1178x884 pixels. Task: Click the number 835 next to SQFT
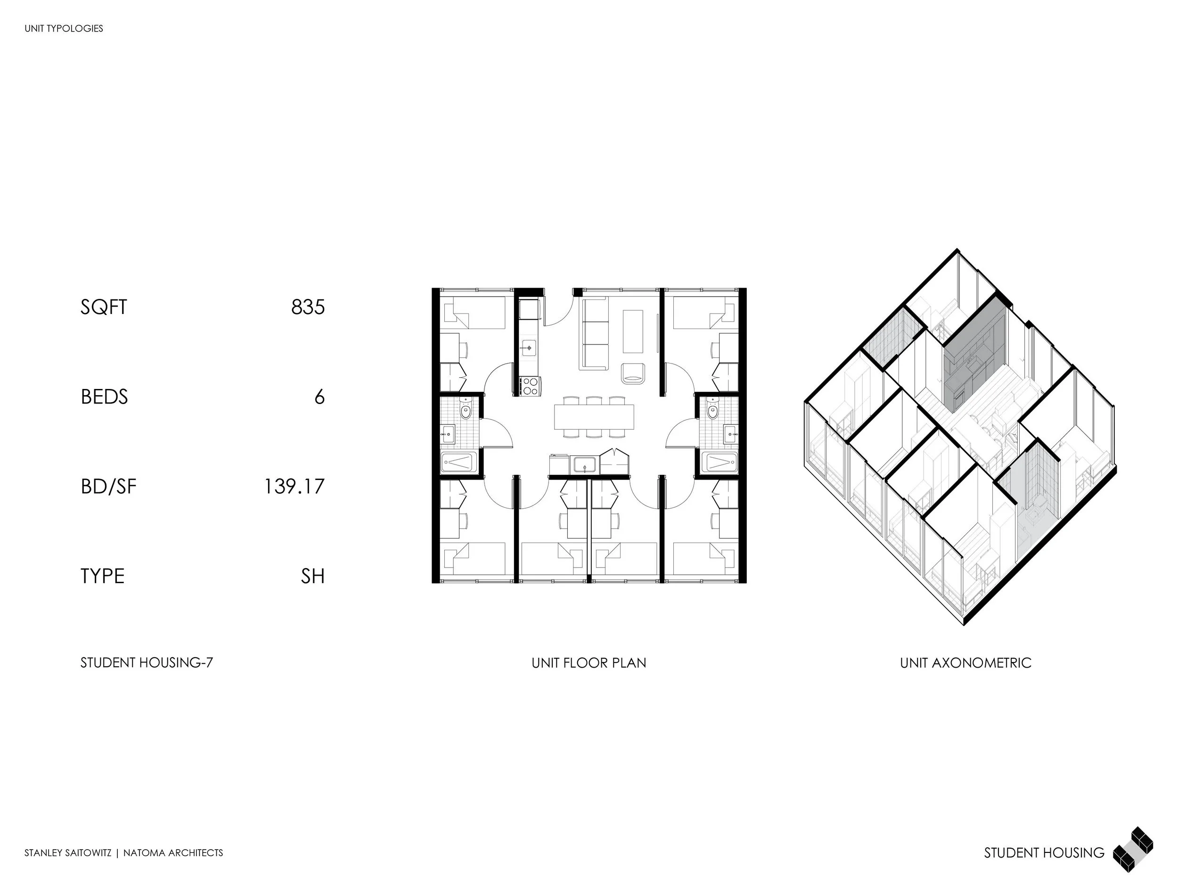coord(308,307)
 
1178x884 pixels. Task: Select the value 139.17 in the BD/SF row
coord(294,487)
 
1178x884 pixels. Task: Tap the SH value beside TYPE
coord(312,576)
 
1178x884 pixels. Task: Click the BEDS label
coord(105,397)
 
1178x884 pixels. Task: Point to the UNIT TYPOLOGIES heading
coord(64,29)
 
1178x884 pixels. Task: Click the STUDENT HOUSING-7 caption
coord(147,663)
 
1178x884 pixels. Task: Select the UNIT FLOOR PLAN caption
coord(589,663)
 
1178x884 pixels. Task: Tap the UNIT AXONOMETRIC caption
coord(965,663)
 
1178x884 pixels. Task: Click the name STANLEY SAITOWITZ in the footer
coord(68,853)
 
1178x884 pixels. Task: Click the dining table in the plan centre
coord(594,417)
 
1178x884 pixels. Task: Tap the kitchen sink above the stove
coord(529,347)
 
